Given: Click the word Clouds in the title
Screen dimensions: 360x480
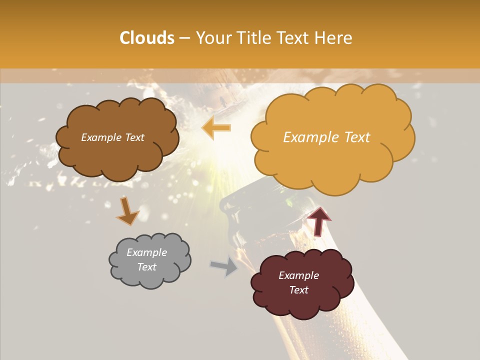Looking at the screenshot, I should [147, 38].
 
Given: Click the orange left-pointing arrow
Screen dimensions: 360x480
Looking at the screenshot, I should [216, 127].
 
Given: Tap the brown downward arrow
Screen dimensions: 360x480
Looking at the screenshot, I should [128, 210].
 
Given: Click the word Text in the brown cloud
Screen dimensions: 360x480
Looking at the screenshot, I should [133, 137].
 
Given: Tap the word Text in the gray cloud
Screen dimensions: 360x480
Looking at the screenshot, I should [146, 267].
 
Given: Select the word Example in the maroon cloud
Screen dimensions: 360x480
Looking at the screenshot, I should [298, 275].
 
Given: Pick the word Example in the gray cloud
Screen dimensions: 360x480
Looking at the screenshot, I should [146, 252].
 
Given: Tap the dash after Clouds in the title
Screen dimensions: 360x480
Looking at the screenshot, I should [184, 38].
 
